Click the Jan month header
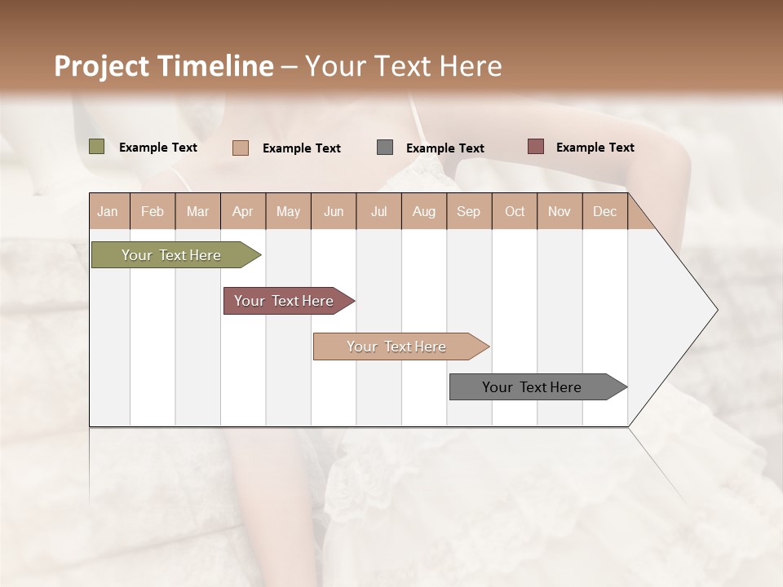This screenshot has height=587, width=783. (108, 211)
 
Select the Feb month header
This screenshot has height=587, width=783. (153, 211)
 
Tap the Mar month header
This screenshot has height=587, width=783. (197, 211)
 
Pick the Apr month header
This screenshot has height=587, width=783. (243, 211)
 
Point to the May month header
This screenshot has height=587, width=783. (288, 211)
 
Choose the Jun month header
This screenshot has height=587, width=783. (334, 211)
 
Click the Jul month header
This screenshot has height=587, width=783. (378, 211)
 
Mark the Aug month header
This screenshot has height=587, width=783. (424, 211)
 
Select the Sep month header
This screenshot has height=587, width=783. (469, 211)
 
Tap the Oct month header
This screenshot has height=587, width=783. (515, 211)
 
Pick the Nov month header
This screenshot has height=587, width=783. (560, 211)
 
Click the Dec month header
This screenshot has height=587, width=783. (605, 211)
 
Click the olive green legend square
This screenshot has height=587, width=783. (97, 147)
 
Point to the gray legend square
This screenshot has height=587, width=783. (385, 147)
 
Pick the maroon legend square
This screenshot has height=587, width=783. (536, 147)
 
